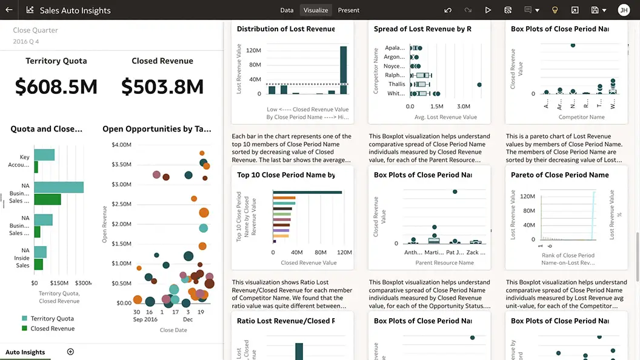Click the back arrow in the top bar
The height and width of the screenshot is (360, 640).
[9, 10]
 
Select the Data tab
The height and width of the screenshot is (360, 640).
[287, 10]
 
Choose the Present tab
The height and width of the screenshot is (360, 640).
[348, 10]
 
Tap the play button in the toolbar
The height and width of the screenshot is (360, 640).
[488, 10]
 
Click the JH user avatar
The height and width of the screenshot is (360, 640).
[624, 10]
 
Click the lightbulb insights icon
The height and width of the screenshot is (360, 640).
[554, 10]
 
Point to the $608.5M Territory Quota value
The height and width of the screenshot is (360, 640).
[56, 87]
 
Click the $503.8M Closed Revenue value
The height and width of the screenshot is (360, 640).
[162, 87]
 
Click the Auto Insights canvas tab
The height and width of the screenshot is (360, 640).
[25, 352]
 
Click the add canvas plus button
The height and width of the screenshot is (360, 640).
[70, 352]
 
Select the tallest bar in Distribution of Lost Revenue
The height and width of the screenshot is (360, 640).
[344, 70]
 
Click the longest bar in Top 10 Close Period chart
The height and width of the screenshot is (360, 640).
[307, 193]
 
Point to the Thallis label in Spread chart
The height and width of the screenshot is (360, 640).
[397, 84]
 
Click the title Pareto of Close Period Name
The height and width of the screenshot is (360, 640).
[559, 175]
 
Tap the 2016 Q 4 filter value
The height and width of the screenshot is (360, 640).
[26, 42]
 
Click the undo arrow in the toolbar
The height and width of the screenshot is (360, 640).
[448, 10]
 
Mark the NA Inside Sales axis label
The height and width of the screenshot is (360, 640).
[22, 258]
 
